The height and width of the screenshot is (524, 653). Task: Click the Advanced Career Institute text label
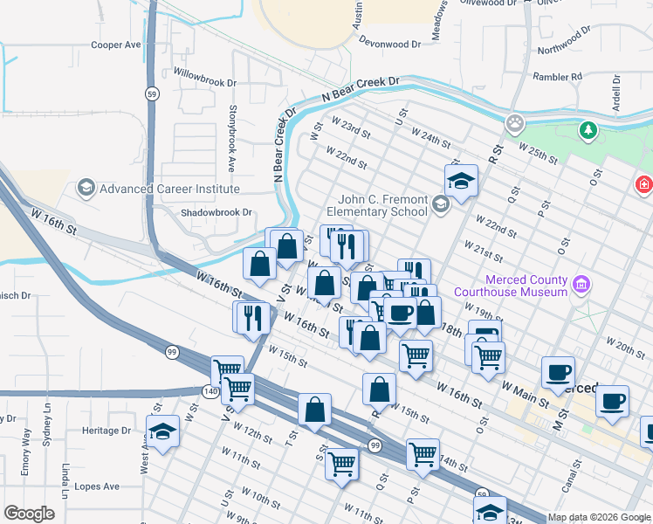[x=168, y=189]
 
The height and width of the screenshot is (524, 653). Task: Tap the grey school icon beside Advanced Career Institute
[x=86, y=188]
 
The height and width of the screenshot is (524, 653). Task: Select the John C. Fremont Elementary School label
[x=377, y=205]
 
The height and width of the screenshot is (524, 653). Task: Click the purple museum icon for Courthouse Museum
[x=581, y=284]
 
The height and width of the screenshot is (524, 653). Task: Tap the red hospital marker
[x=643, y=185]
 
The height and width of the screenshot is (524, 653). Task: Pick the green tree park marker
[x=589, y=131]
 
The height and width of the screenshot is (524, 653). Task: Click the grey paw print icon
[x=516, y=122]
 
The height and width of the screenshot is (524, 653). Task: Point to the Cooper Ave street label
[x=116, y=45]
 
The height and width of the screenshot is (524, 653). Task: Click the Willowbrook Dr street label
[x=205, y=83]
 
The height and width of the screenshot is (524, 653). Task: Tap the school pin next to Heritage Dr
[x=162, y=431]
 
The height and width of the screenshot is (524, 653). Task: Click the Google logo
[x=30, y=514]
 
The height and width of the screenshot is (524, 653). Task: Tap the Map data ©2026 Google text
[x=598, y=517]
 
